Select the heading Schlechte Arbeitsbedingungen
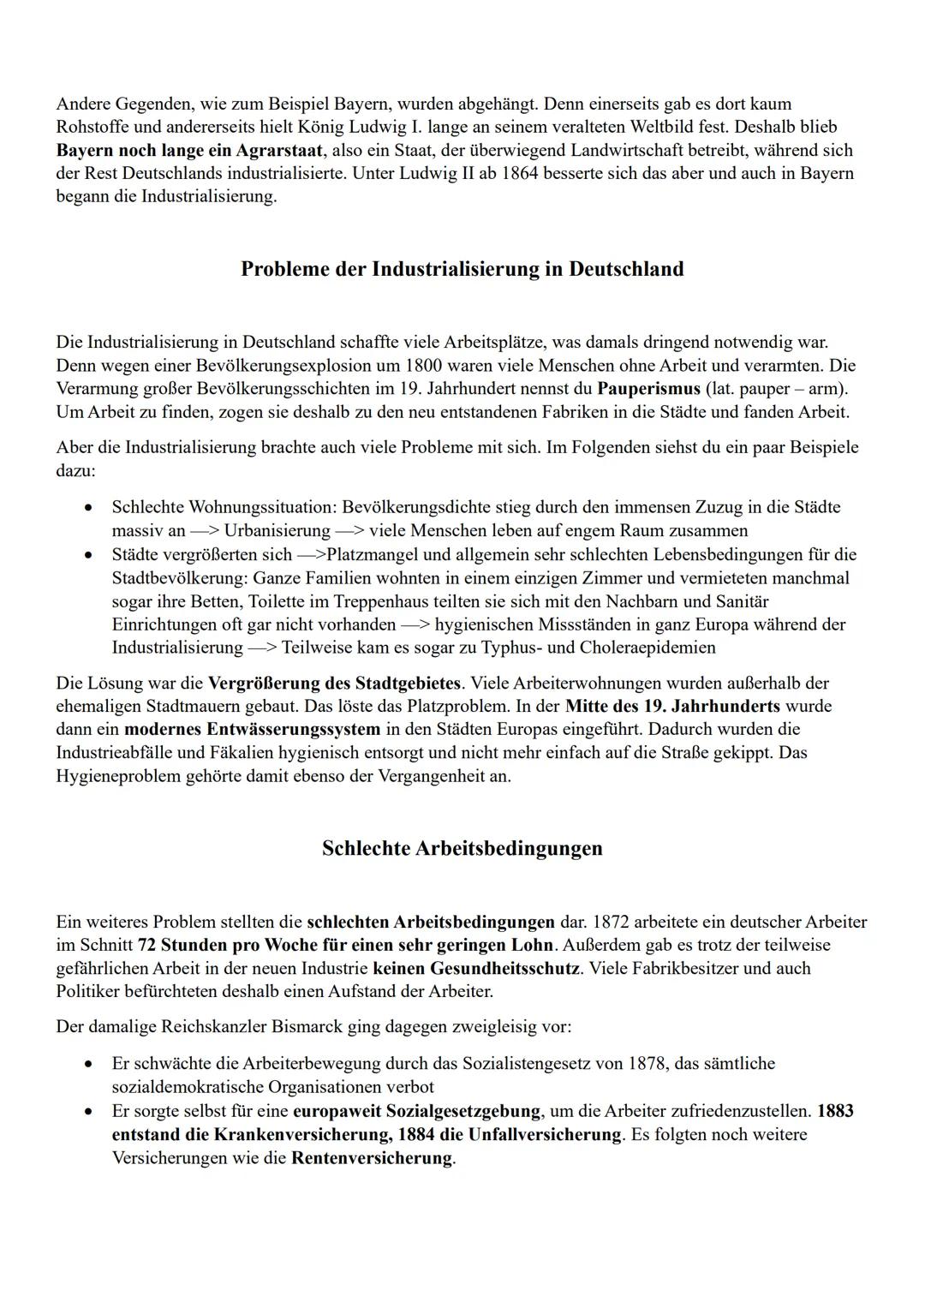pos(462,848)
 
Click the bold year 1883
pos(835,1111)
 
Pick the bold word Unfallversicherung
pos(545,1134)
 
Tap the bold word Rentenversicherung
pos(371,1158)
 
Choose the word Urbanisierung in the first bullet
pos(277,530)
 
